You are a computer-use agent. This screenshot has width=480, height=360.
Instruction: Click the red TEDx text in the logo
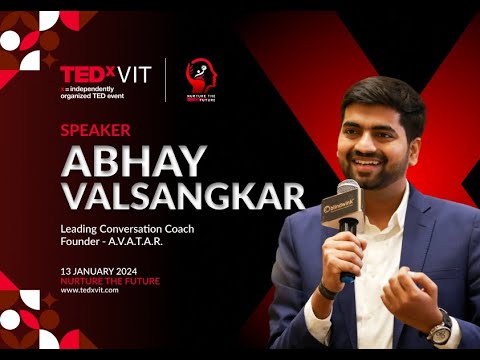tap(84, 74)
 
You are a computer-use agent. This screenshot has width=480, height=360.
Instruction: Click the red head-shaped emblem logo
tap(200, 75)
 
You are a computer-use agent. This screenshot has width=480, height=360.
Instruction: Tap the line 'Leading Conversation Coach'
tap(126, 230)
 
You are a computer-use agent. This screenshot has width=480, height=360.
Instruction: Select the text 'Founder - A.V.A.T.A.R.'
tap(111, 245)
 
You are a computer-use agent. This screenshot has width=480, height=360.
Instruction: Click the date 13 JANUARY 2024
tap(101, 271)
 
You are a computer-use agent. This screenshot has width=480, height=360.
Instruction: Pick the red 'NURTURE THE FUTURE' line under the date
tap(109, 281)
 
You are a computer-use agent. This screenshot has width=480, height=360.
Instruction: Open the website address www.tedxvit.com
tap(90, 290)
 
